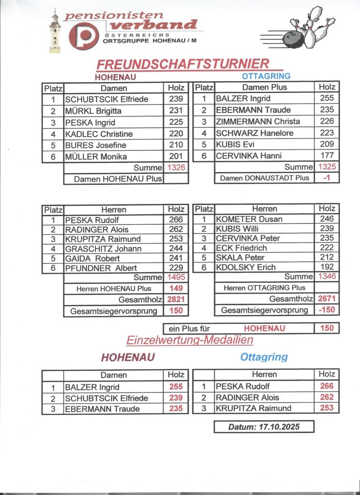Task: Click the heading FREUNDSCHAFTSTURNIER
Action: coord(183,64)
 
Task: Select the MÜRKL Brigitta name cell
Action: coord(113,111)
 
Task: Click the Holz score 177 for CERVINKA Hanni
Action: coord(327,156)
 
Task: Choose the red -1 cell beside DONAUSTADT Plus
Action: coord(327,178)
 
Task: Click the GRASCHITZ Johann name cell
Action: coord(113,248)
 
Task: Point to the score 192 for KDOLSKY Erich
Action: coord(327,267)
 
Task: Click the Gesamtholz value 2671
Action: coord(327,299)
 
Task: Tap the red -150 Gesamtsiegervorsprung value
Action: coord(327,310)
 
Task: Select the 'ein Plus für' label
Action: coord(189,329)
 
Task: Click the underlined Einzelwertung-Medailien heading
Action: coord(190,340)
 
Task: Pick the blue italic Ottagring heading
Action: coord(264,357)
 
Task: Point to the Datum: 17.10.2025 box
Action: coord(264,427)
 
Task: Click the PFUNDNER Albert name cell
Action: coord(113,268)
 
